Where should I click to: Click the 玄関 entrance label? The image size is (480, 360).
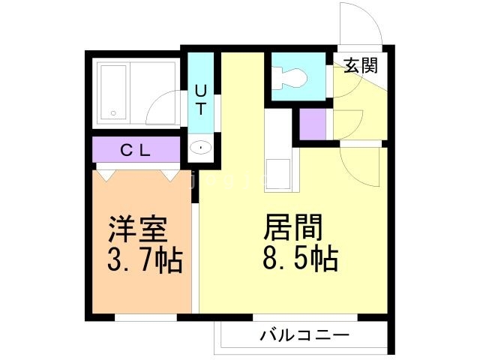(361, 65)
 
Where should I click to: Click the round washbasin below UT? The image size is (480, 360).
(201, 148)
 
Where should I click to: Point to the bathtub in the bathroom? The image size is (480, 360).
(112, 93)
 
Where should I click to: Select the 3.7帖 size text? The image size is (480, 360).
(142, 261)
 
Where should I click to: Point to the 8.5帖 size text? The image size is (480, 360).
(298, 259)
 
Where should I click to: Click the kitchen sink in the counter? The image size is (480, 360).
(282, 173)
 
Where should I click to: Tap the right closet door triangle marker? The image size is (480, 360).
(169, 175)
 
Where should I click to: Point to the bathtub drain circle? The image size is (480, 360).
(112, 113)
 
